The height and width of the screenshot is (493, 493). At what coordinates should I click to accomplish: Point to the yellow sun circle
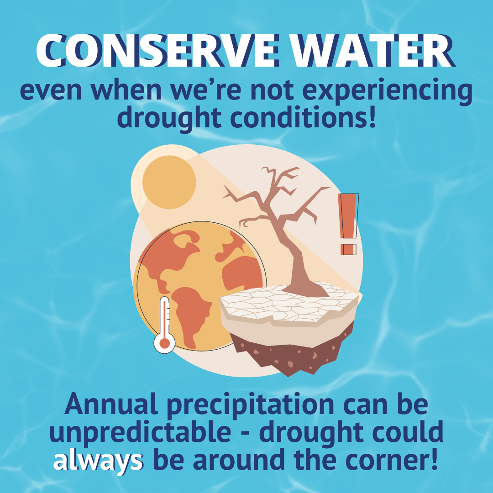[x=169, y=182]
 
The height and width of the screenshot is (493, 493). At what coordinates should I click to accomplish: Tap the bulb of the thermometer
[x=164, y=343]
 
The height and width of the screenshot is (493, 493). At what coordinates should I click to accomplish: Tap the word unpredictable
[x=140, y=433]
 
